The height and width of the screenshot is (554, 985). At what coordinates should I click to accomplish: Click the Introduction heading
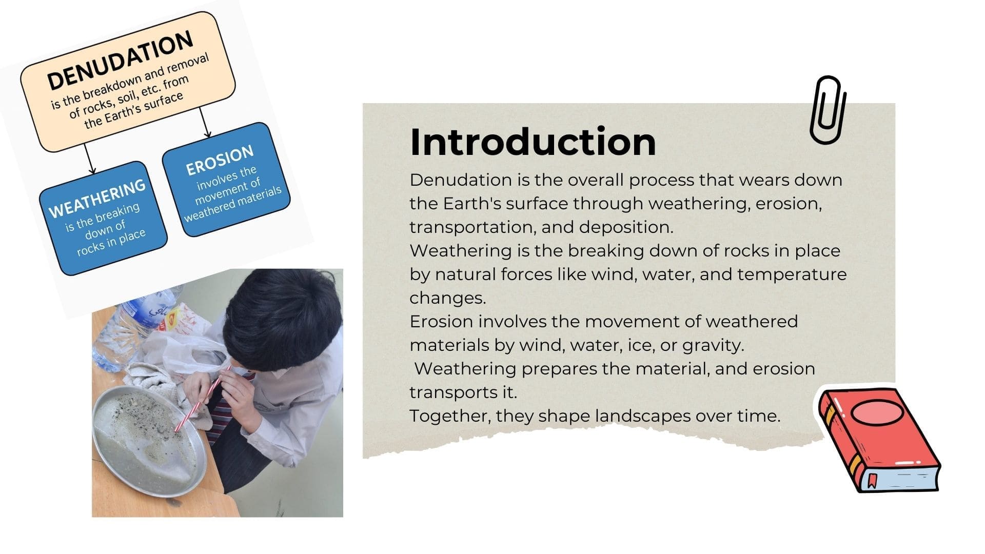[x=533, y=142]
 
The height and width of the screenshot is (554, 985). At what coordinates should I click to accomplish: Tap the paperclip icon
[x=828, y=110]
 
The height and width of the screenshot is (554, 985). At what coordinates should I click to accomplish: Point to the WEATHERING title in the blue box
[x=97, y=199]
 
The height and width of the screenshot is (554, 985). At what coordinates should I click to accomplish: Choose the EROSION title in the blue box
[x=220, y=160]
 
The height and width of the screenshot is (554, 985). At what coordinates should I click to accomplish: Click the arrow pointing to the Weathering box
[x=89, y=159]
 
